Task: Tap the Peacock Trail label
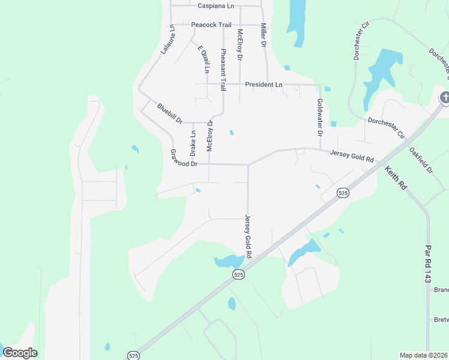tap(211, 25)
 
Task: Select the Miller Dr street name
tap(263, 35)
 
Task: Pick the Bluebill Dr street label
tap(169, 113)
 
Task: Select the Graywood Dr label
tap(184, 159)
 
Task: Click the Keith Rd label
tap(396, 178)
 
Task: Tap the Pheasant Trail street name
tap(223, 70)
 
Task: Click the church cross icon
tap(445, 97)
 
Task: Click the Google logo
tap(20, 353)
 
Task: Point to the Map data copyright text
tap(424, 355)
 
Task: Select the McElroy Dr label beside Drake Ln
tap(210, 137)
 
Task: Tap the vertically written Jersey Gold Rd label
tap(247, 236)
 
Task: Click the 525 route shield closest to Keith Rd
tap(343, 193)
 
